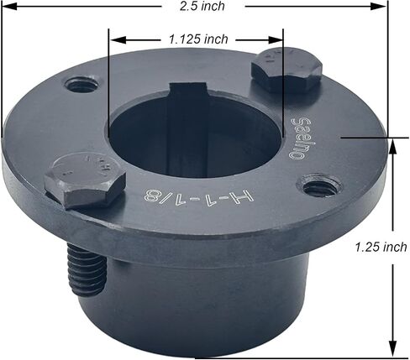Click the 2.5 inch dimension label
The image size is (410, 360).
(202, 6)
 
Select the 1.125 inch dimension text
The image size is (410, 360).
(198, 39)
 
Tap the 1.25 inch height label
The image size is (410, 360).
(381, 248)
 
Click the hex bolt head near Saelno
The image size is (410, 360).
(287, 70)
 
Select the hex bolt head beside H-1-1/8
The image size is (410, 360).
(85, 180)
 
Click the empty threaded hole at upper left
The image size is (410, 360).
(81, 85)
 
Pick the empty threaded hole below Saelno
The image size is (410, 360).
(319, 187)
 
